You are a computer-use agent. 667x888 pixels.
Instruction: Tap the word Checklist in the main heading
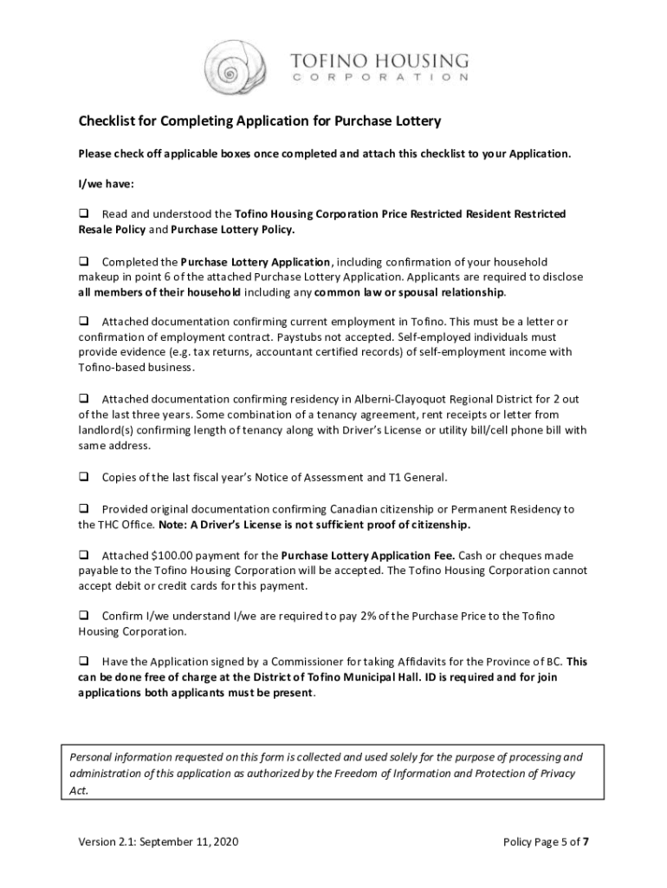click(x=108, y=121)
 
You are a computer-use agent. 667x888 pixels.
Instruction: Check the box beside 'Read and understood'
click(x=85, y=213)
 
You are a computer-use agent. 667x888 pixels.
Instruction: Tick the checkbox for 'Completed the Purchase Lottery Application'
click(x=85, y=262)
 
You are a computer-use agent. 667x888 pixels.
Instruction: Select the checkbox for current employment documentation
click(x=85, y=322)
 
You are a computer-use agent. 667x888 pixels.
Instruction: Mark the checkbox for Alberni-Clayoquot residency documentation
click(x=85, y=399)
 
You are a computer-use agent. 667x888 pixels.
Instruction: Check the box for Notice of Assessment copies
click(x=85, y=477)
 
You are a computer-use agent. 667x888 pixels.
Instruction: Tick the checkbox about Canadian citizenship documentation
click(x=85, y=509)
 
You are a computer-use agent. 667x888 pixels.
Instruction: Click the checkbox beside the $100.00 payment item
click(x=85, y=555)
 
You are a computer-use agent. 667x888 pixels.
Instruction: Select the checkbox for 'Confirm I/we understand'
click(x=85, y=616)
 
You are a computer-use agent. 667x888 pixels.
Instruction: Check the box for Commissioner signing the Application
click(x=85, y=662)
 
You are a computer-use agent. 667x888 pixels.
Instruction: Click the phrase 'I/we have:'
click(x=107, y=184)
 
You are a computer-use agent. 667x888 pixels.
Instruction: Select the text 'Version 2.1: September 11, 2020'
click(x=159, y=842)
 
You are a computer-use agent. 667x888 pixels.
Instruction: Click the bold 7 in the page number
click(x=587, y=842)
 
